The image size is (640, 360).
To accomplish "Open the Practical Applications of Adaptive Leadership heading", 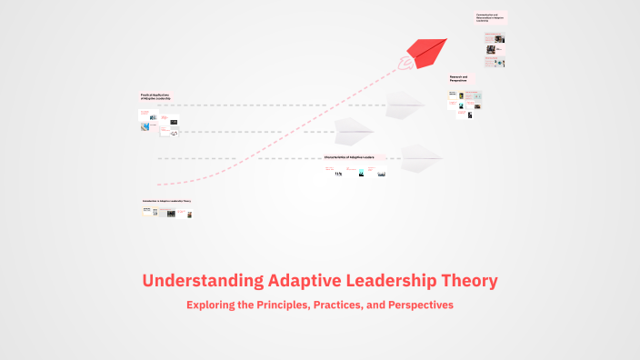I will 155,96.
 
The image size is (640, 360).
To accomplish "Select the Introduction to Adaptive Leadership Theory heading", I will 166,201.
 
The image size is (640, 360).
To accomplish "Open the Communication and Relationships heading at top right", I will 490,17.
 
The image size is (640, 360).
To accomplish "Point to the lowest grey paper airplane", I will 421,155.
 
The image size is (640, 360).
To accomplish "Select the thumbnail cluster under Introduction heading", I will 166,213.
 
